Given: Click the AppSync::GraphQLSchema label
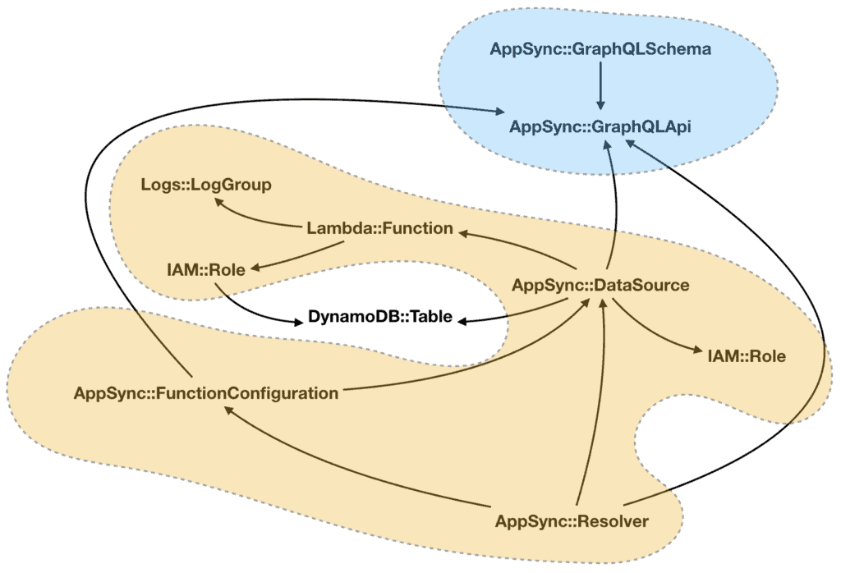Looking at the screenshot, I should tap(600, 48).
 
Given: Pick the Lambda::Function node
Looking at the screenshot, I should tap(379, 228).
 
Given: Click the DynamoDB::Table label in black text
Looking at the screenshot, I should tap(379, 316).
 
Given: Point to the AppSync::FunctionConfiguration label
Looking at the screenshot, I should tap(205, 392).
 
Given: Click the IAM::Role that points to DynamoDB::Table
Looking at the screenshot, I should tap(205, 268).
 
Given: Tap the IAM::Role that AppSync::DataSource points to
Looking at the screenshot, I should tap(746, 356).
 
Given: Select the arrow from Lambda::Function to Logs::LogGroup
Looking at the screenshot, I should tap(255, 215).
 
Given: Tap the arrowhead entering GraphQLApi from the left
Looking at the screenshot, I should tap(498, 114).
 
